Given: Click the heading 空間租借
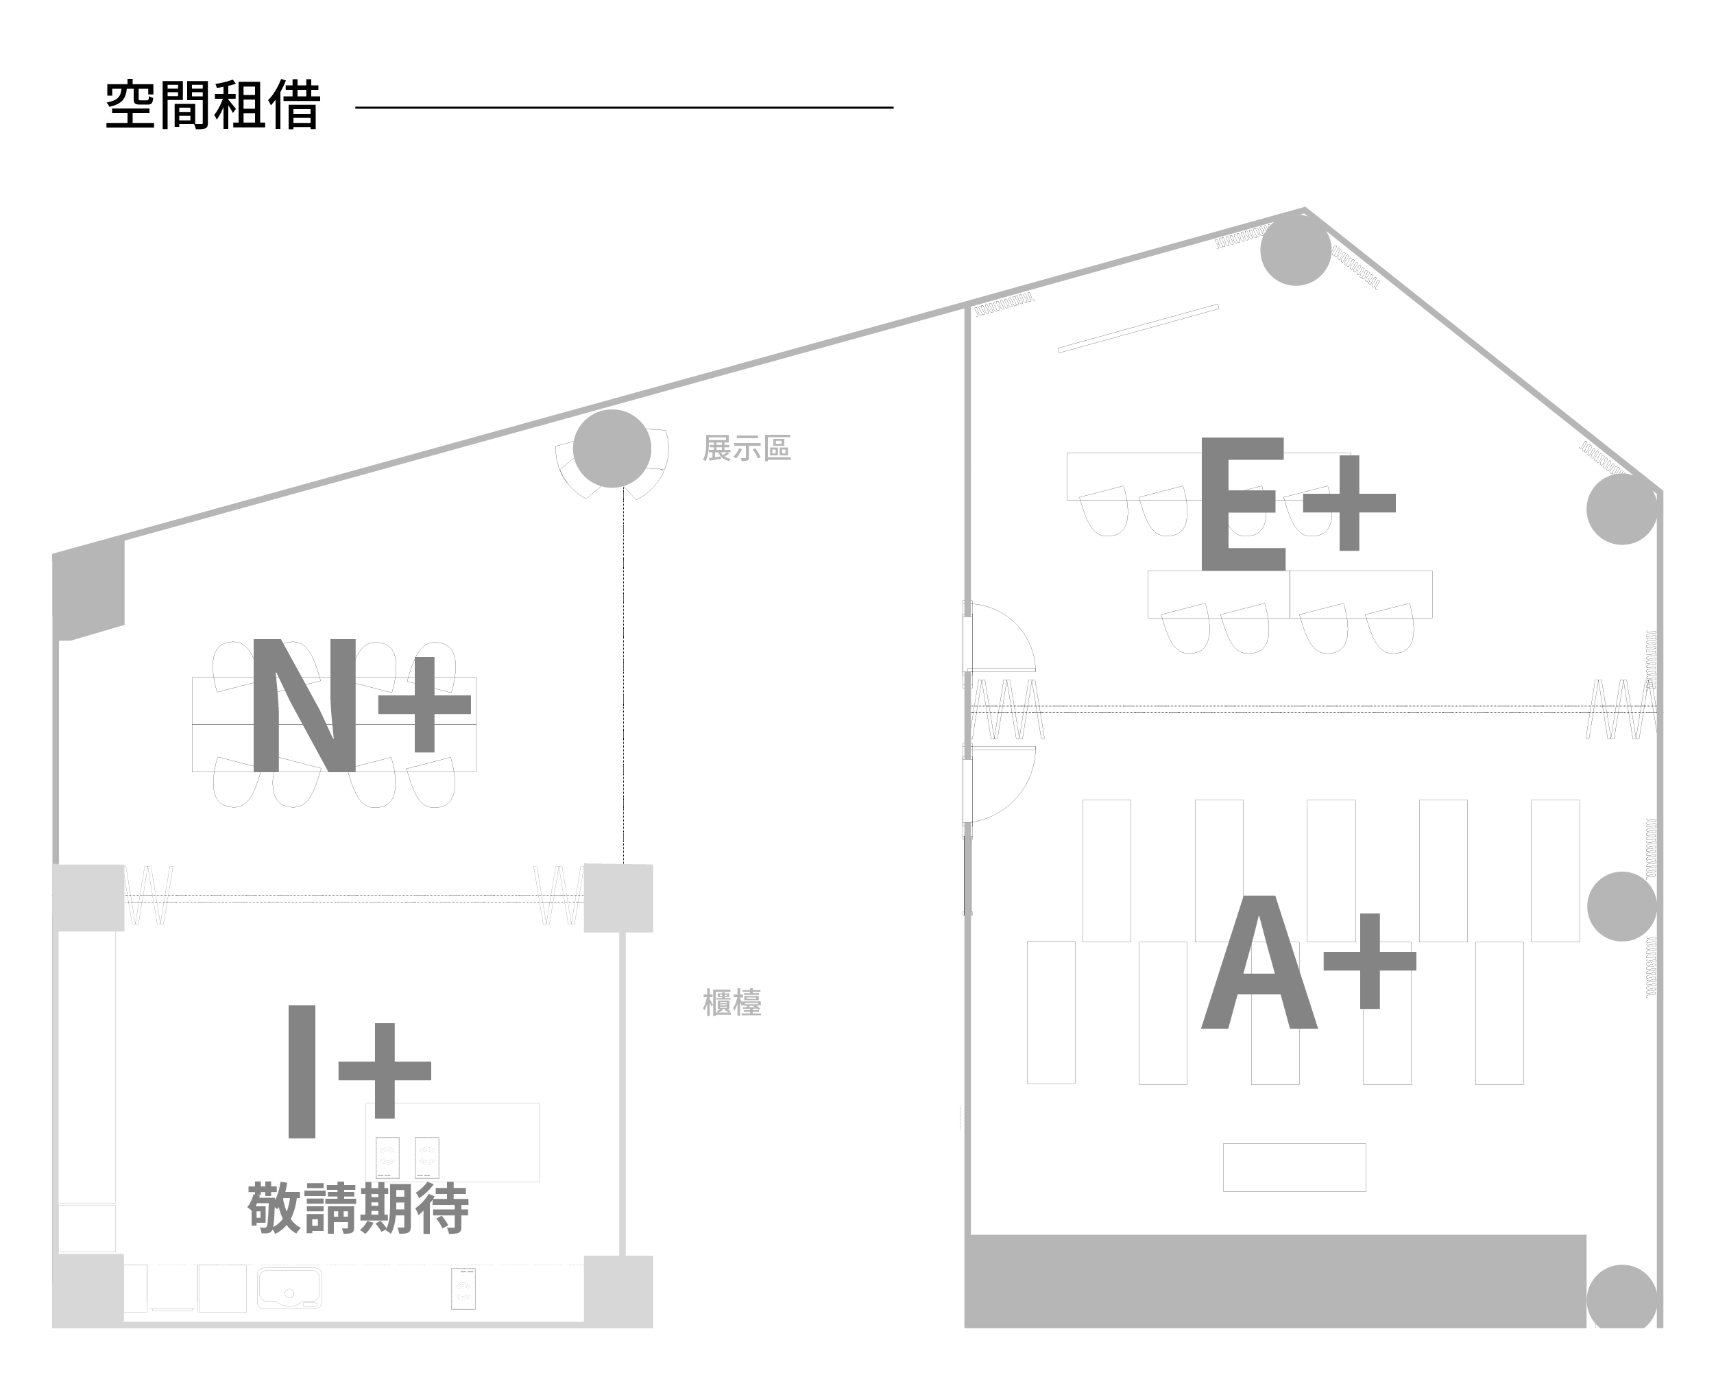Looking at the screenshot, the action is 213,105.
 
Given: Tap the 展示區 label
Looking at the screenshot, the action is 746,449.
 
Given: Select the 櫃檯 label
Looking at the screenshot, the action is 732,1003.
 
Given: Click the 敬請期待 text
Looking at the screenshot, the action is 357,1208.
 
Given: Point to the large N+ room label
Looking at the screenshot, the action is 358,704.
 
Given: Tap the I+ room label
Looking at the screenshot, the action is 358,1071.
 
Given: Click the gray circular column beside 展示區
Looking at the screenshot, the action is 612,449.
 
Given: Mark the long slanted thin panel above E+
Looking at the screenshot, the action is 1138,328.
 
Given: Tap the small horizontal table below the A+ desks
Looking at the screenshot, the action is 1294,1167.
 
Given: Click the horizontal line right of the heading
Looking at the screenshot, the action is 624,107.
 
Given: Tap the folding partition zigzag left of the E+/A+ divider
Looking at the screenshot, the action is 1007,708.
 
